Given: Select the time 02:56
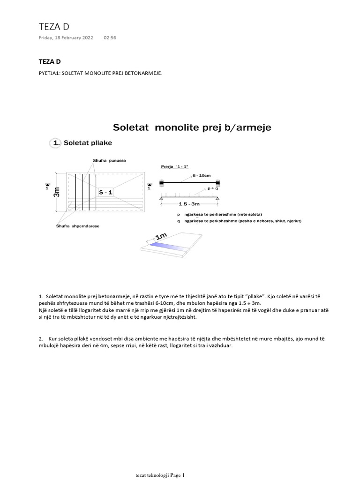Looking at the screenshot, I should click(110, 38).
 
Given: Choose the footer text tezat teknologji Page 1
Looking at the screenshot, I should click(160, 475).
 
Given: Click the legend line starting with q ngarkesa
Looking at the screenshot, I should click(234, 220).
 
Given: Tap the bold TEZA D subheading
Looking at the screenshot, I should click(49, 61).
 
